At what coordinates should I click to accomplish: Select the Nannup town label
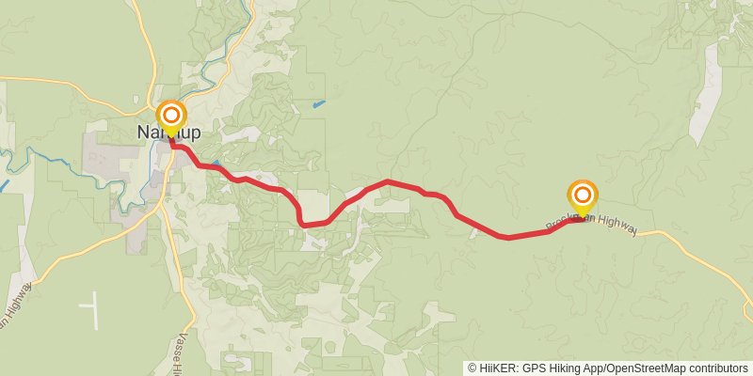click(x=169, y=133)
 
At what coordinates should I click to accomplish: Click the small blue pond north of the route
click(x=319, y=102)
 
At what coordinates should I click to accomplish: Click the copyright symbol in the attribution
click(x=472, y=368)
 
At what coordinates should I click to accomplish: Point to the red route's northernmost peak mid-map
click(x=388, y=180)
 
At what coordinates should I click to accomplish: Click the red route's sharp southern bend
click(x=303, y=224)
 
